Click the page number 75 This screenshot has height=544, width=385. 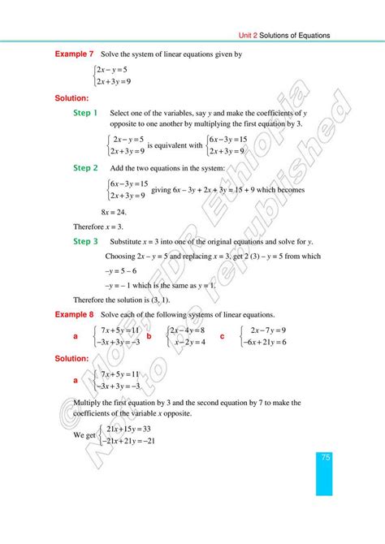coord(325,458)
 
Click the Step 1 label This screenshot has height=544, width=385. coord(85,113)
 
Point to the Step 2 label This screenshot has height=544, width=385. coord(85,167)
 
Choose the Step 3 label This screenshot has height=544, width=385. coord(85,241)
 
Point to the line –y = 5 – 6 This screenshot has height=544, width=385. coord(123,271)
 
